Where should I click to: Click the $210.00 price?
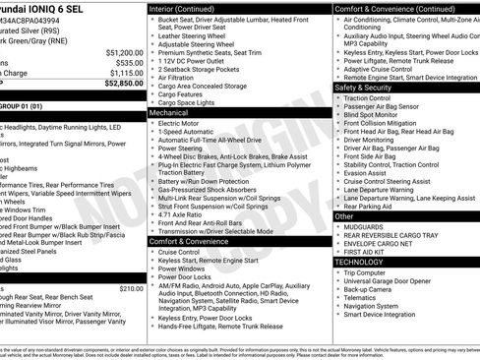pyautogui.click(x=131, y=289)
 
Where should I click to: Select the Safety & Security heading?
pyautogui.click(x=366, y=88)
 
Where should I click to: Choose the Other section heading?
pyautogui.click(x=344, y=215)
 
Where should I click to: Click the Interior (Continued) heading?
pyautogui.click(x=190, y=8)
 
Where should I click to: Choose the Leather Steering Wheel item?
pyautogui.click(x=198, y=35)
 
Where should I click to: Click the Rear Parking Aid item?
pyautogui.click(x=373, y=206)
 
